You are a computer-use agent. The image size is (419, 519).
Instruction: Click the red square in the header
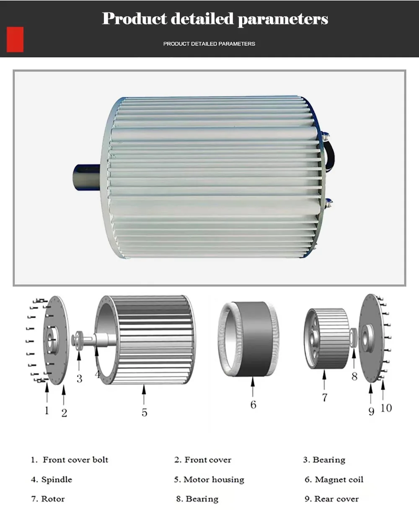15,39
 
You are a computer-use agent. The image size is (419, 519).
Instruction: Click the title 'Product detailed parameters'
215,18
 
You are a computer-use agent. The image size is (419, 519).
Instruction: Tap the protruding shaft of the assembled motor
87,177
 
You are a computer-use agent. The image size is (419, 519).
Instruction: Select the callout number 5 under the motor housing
144,413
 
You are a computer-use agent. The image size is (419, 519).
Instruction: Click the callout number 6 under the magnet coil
253,405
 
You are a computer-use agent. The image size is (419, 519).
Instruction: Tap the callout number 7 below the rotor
324,397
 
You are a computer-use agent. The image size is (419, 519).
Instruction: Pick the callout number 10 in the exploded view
386,407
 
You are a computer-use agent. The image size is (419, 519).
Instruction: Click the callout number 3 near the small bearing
79,379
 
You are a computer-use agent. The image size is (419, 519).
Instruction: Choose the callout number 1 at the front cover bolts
47,410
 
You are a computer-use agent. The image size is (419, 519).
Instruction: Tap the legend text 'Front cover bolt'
75,460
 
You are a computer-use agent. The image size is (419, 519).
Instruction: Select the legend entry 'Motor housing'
214,480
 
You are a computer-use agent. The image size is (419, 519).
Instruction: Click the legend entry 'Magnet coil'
339,480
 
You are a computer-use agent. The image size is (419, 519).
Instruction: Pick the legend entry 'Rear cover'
336,499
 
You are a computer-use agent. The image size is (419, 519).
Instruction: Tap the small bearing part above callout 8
353,337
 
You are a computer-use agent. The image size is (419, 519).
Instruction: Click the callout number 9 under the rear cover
371,411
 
